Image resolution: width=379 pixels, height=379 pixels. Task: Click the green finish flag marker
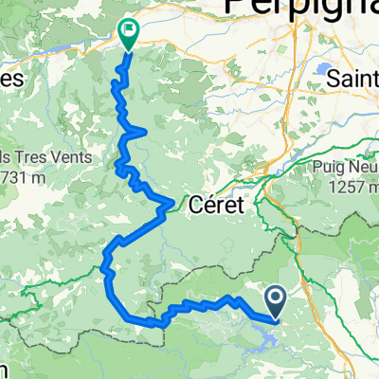coord(130,33)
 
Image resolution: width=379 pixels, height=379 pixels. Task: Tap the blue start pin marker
coord(276,301)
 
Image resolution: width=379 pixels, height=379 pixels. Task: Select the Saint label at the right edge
coord(352,79)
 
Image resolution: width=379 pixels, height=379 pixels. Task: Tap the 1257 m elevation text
coord(346,189)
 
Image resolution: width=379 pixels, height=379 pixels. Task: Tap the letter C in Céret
coord(196,205)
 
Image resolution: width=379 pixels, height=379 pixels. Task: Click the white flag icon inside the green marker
coord(130,30)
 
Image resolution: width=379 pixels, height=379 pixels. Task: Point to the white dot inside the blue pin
coord(276,299)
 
